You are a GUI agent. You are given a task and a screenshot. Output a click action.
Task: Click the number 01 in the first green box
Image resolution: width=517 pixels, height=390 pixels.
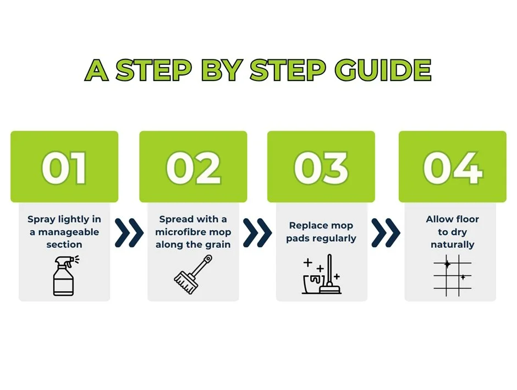(x=64, y=168)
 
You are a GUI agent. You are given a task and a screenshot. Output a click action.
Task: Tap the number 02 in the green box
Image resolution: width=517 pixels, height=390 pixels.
(x=193, y=168)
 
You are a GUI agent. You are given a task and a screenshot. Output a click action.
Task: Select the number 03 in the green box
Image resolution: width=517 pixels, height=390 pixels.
(x=321, y=168)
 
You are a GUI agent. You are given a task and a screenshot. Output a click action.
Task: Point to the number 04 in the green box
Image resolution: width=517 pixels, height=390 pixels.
(x=453, y=168)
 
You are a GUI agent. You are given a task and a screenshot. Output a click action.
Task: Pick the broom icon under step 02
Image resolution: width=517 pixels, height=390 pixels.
(x=193, y=274)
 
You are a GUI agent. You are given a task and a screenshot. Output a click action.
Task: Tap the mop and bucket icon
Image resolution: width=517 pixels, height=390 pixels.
(x=322, y=274)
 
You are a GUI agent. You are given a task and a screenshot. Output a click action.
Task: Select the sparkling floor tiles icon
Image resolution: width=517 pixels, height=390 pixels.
(x=452, y=275)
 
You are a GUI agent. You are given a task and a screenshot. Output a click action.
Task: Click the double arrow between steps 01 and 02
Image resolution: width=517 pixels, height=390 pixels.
(x=129, y=232)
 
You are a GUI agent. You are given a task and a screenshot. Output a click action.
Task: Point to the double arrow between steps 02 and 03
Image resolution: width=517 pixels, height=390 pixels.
(x=257, y=232)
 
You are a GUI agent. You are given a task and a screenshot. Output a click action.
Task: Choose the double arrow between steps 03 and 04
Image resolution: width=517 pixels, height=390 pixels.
(x=386, y=232)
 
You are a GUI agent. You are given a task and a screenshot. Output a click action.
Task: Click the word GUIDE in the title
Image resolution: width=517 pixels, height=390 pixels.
(x=383, y=70)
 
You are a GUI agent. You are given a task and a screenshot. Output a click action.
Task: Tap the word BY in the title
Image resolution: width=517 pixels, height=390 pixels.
(x=223, y=70)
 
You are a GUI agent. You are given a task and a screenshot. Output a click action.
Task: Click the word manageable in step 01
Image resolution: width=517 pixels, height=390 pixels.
(x=69, y=232)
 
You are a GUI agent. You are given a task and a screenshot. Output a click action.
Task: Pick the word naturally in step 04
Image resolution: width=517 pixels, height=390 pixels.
(x=452, y=245)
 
